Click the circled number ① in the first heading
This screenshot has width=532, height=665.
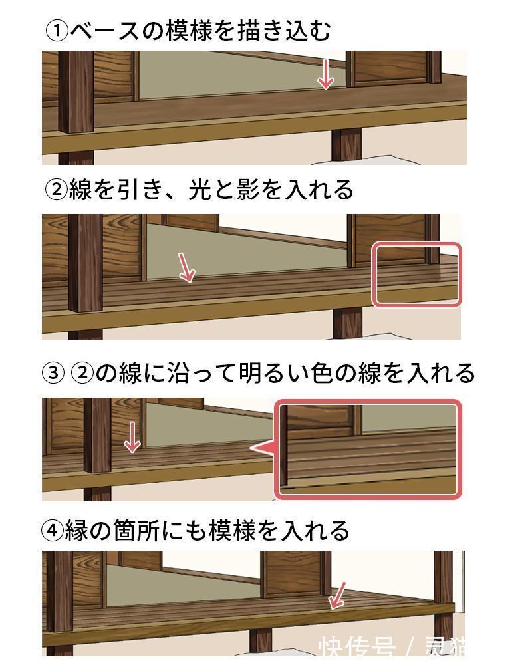pos(57,31)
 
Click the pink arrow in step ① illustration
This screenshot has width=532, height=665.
pos(325,74)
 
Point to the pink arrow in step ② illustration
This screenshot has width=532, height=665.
pos(186,267)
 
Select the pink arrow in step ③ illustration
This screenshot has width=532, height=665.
pos(133,436)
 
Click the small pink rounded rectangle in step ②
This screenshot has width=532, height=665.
pos(416,275)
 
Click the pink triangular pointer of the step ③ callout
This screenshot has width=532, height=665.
pos(263,448)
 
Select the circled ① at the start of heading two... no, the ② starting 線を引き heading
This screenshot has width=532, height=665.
pos(57,190)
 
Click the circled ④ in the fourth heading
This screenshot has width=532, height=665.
pos(53,531)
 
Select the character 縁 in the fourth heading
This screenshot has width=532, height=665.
pos(78,531)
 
